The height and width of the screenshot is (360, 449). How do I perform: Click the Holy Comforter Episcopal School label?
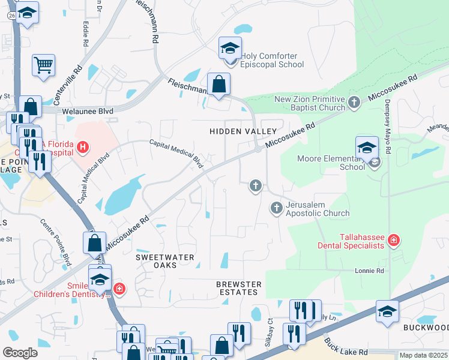[272, 60]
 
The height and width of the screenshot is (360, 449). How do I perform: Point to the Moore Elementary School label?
[331, 163]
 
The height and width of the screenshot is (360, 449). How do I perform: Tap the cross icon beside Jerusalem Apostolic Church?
[277, 208]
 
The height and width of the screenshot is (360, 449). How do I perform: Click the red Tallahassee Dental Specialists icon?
[394, 241]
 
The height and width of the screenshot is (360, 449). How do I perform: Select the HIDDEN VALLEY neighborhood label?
[243, 131]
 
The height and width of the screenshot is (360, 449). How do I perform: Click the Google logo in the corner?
[20, 353]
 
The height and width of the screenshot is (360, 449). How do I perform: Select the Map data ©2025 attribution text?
[423, 355]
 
